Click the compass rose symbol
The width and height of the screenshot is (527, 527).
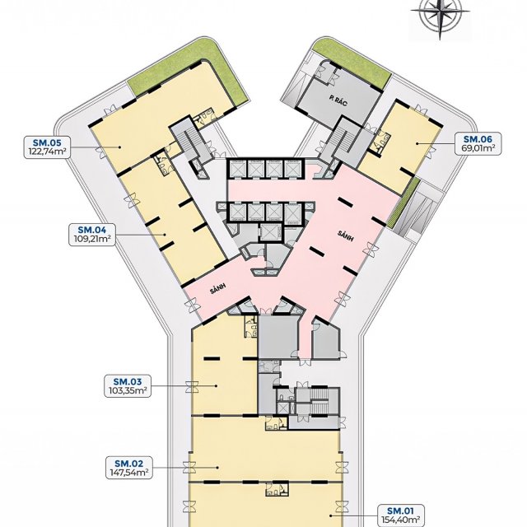pos(440,12)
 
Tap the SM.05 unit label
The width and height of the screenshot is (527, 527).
pos(47,142)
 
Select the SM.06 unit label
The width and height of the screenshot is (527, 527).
pos(478,139)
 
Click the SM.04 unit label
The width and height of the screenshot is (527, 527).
pos(92,230)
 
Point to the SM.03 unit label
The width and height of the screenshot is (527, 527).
pos(128,382)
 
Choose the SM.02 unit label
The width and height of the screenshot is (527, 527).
pos(128,464)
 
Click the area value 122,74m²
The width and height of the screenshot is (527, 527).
pos(47,152)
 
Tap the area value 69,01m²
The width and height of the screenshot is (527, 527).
pos(478,148)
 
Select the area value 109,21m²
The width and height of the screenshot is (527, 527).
pos(92,240)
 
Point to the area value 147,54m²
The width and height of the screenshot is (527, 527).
pos(128,473)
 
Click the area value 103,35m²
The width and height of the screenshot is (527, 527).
pos(128,391)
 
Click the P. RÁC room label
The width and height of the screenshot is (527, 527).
pos(338,101)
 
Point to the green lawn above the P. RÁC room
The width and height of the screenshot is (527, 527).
pos(353,63)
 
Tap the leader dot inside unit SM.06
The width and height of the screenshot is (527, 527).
pos(417,143)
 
